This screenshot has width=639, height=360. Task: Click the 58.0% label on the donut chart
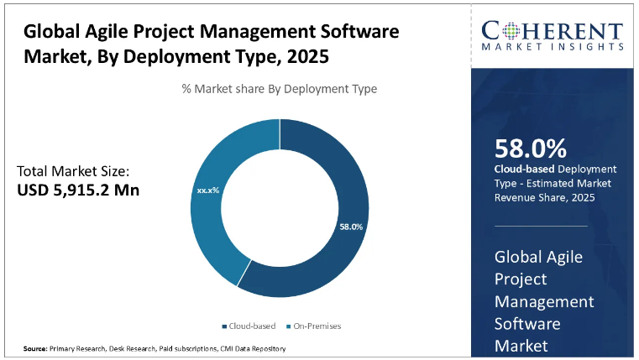[x=351, y=227]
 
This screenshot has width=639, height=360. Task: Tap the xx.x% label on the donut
[x=207, y=190]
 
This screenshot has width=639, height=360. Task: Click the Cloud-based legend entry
[x=248, y=326]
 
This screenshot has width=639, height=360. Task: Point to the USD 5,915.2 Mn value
[x=78, y=190]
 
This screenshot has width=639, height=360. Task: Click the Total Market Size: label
[x=74, y=171]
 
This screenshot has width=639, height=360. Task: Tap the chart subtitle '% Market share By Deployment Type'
[x=280, y=89]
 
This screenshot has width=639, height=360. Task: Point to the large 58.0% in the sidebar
[x=530, y=149]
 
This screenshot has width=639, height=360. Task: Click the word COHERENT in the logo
[x=553, y=32]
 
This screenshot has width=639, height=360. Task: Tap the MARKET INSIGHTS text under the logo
[x=553, y=49]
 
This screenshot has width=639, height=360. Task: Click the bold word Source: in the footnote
[x=34, y=348]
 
